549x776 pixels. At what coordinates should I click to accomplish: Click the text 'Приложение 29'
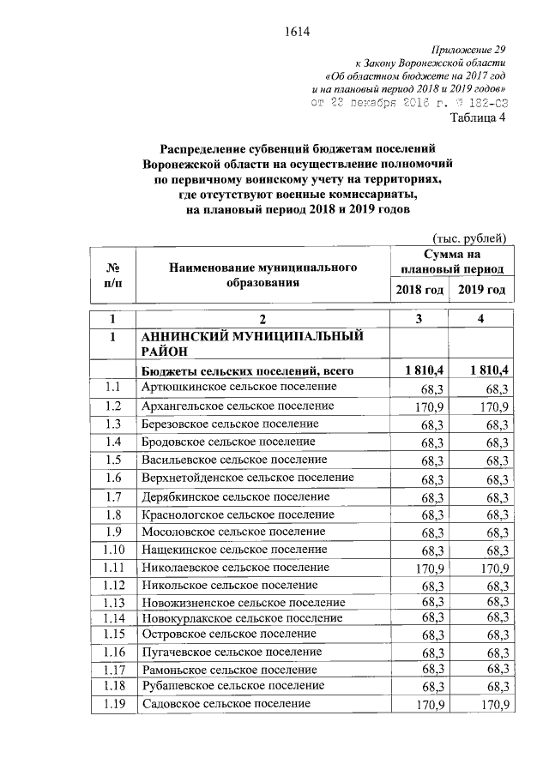[x=470, y=51]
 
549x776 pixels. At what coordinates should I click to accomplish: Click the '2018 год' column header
[x=419, y=290]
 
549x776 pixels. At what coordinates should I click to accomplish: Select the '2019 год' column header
[x=481, y=290]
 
